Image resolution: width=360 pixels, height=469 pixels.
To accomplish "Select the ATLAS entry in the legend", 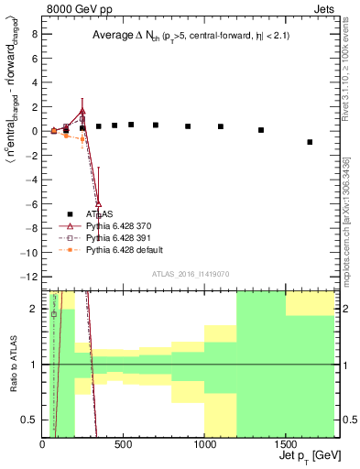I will coord(85,213).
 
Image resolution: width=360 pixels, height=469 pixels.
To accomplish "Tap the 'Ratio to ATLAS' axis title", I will coord(12,365).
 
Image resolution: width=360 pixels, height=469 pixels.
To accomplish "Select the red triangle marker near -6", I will coord(98,202).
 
